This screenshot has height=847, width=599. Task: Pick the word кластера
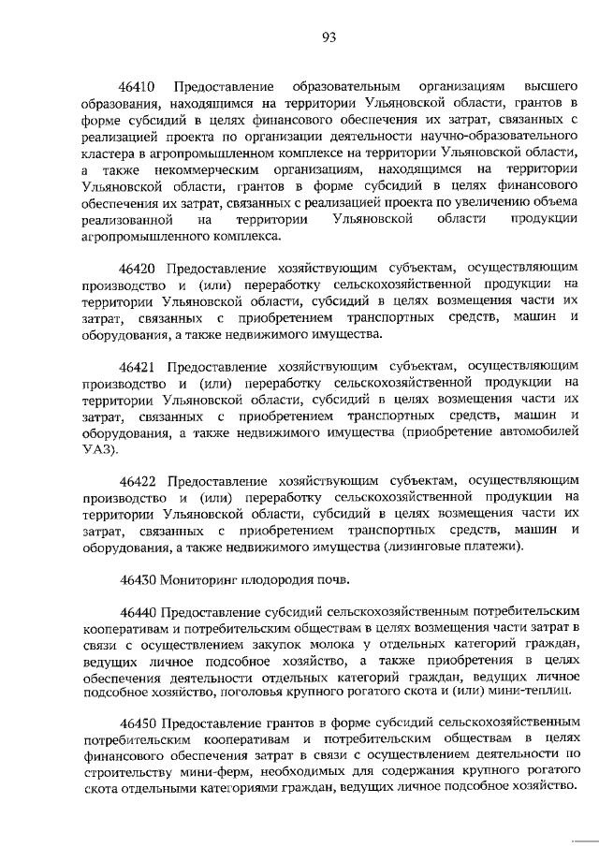click(x=109, y=152)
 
